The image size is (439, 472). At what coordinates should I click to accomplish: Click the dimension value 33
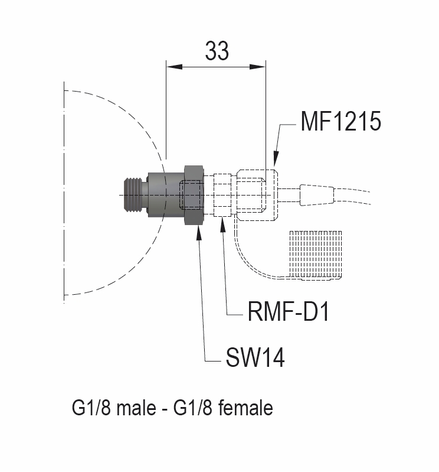217,51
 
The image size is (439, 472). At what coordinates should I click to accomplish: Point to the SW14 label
254,357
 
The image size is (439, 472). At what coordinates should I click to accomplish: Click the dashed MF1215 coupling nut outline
256,194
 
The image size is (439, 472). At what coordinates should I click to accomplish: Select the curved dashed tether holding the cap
248,260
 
